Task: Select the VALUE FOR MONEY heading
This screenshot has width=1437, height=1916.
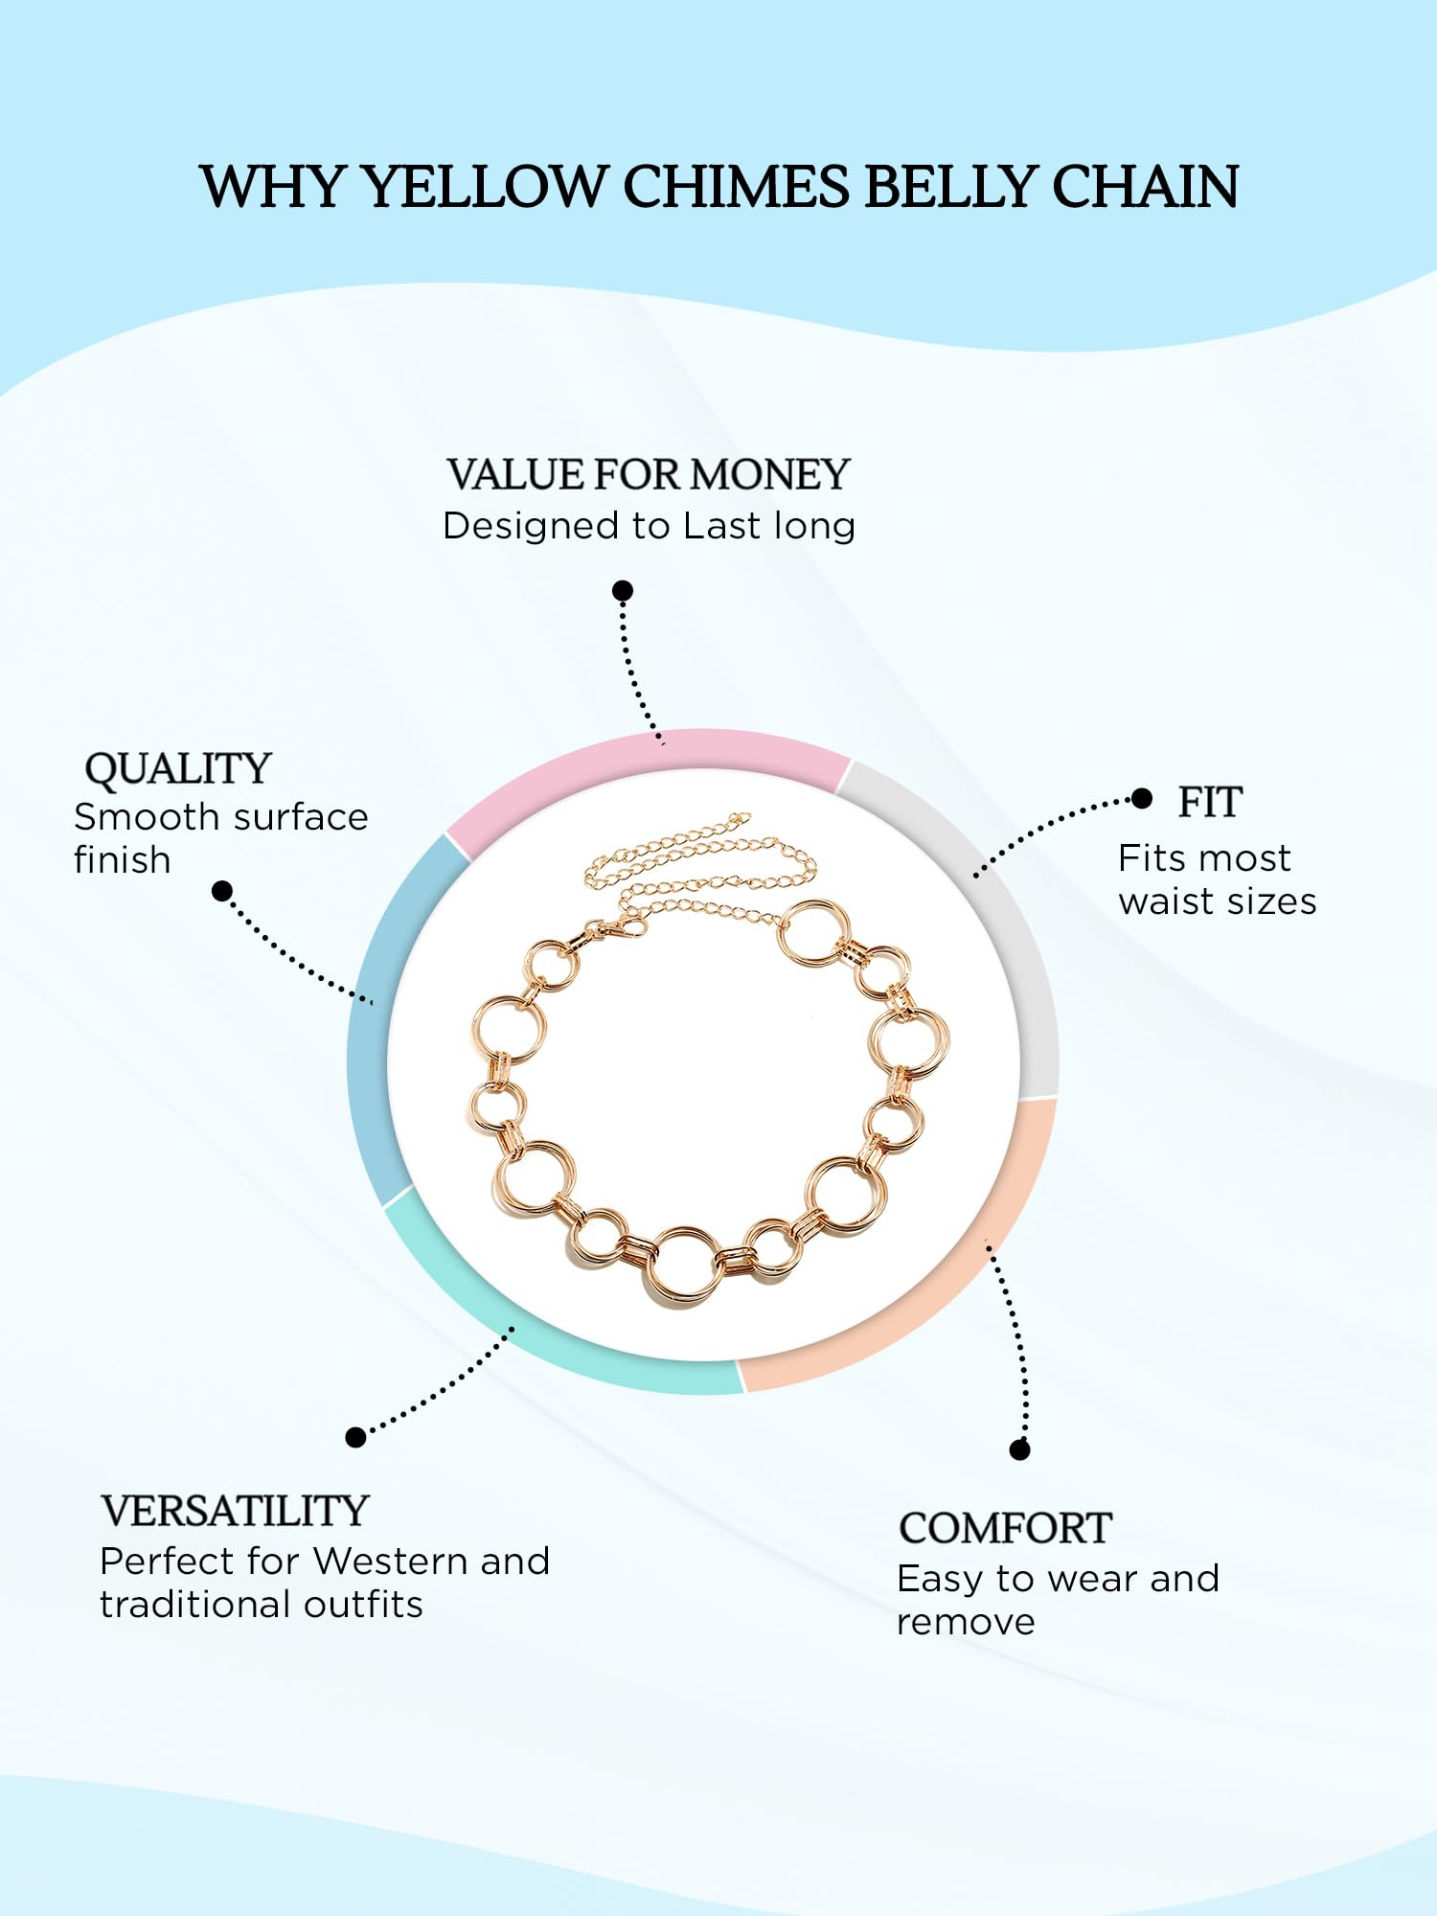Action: click(649, 474)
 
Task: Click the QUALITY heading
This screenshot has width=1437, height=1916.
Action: click(178, 768)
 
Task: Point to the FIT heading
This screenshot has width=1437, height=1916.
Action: click(1210, 802)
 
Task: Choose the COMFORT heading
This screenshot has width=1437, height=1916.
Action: click(1005, 1528)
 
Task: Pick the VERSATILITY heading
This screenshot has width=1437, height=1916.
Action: click(235, 1511)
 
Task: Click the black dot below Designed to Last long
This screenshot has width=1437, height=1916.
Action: click(623, 590)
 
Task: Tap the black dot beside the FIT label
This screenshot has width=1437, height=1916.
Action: click(1141, 798)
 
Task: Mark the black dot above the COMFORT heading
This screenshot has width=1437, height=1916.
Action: click(1020, 1450)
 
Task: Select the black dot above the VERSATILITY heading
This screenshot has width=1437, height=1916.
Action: click(355, 1437)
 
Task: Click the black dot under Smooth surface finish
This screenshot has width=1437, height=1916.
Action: click(222, 892)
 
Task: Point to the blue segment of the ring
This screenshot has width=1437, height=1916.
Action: click(378, 1015)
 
